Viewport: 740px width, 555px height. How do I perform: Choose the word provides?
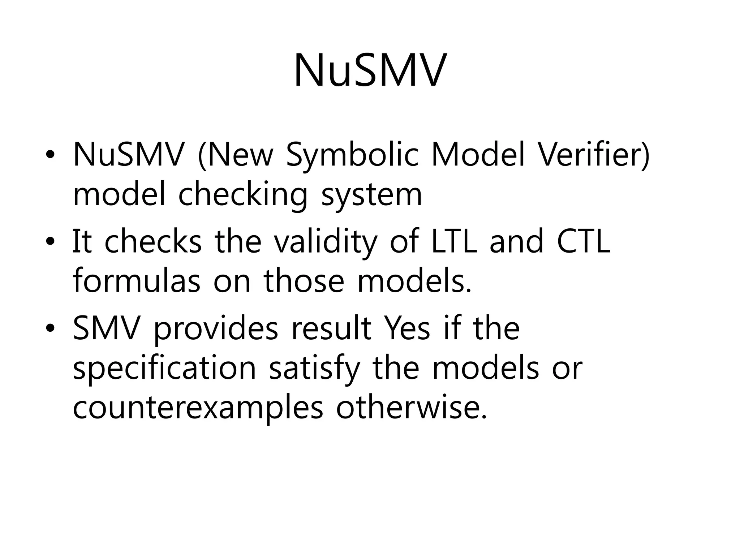pyautogui.click(x=216, y=328)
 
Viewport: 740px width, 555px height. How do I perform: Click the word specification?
pyautogui.click(x=164, y=369)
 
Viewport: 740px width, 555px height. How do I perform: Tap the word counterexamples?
pyautogui.click(x=198, y=408)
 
